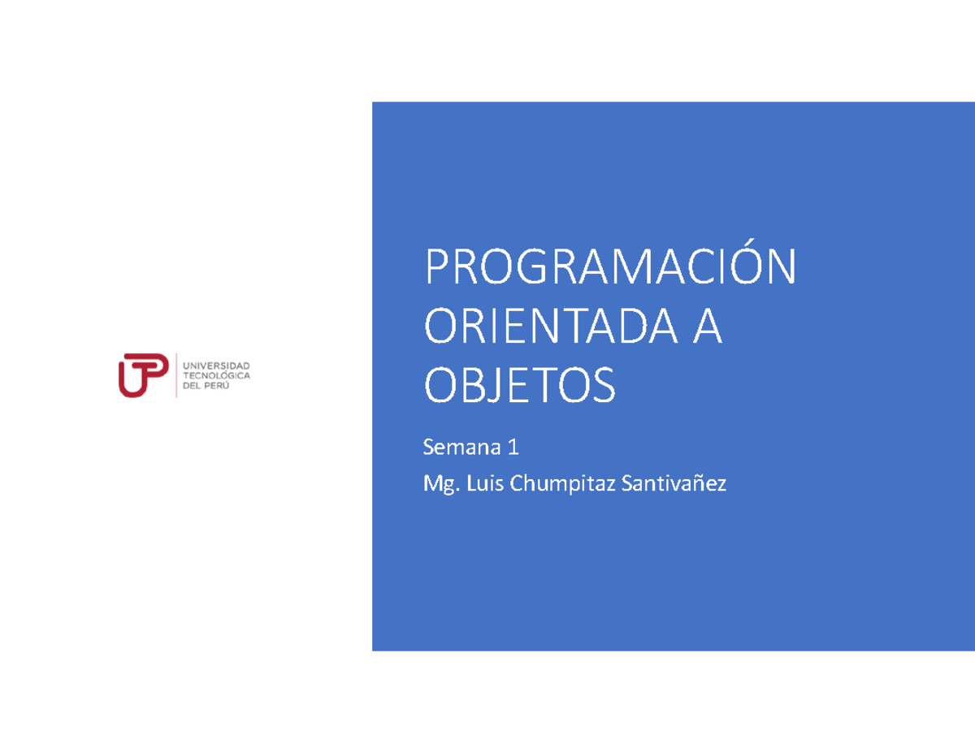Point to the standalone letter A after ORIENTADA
pos(706,327)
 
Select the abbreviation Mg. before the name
pos(440,485)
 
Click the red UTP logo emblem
pos(144,374)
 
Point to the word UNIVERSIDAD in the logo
pos(219,366)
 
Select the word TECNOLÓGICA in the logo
pos(219,375)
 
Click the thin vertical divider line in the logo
pos(176,375)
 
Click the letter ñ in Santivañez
pos(700,485)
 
